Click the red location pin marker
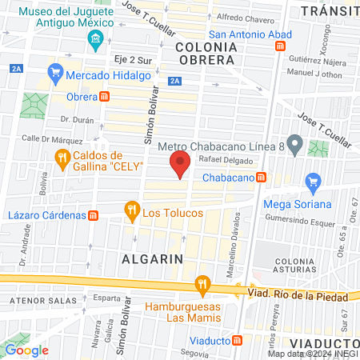coord(180,165)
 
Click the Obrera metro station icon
coord(104,97)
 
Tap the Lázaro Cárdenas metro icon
coord(93,215)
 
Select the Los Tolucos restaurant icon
coord(131,211)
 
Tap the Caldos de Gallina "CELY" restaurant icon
coord(62,160)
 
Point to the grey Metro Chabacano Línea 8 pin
coord(294,146)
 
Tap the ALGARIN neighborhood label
coord(152,258)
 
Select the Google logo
coord(26,350)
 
